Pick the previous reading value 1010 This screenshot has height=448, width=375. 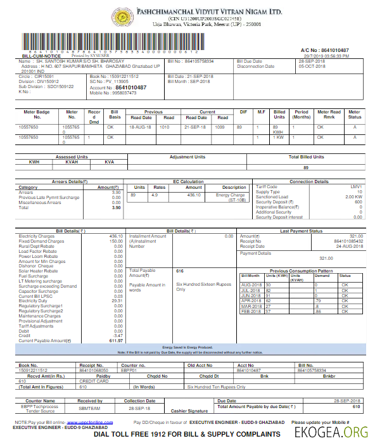pyautogui.click(x=164, y=127)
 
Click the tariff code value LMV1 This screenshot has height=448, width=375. pyautogui.click(x=357, y=187)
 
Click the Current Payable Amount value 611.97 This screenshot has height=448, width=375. pyautogui.click(x=115, y=341)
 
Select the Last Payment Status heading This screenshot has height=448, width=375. pyautogui.click(x=301, y=231)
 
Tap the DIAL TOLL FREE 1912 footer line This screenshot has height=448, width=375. pyautogui.click(x=187, y=434)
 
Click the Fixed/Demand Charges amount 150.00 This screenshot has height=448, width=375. pyautogui.click(x=116, y=241)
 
